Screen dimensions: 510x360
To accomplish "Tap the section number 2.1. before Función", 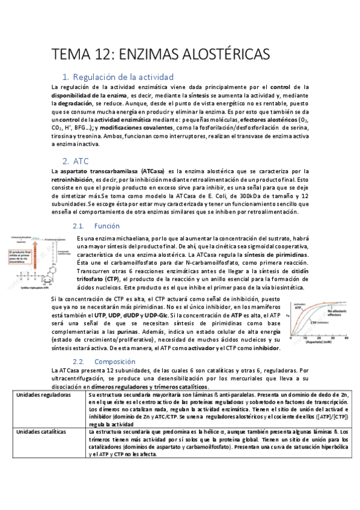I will (80, 226).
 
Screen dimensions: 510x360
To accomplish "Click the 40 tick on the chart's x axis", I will (347, 339).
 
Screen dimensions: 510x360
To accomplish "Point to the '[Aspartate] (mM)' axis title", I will (323, 343).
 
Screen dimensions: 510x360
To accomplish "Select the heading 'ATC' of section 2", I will (81, 161).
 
